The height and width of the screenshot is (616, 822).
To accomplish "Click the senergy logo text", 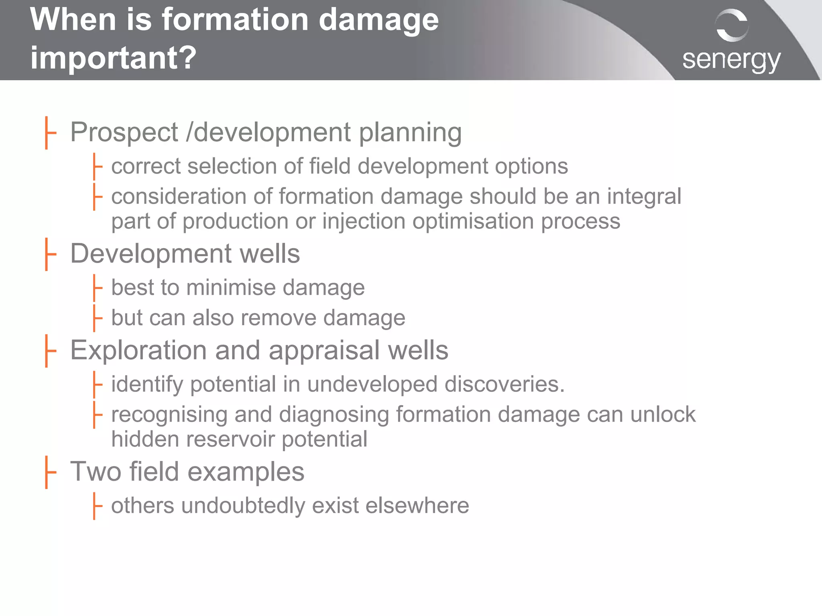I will tap(731, 60).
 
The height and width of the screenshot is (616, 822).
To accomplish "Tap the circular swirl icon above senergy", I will tap(732, 25).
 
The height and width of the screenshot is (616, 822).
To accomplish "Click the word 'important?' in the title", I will tap(113, 57).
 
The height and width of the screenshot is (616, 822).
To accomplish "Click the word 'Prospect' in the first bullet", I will tap(124, 132).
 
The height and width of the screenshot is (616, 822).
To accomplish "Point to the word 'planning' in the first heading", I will tap(410, 133).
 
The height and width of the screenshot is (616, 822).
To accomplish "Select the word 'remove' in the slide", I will tap(279, 318).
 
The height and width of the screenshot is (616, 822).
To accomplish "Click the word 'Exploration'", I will tap(138, 350).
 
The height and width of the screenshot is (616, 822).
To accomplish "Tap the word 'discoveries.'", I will tap(505, 384).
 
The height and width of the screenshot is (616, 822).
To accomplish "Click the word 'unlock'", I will tap(663, 414).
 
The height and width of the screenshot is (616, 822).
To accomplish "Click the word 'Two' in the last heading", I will tap(96, 471).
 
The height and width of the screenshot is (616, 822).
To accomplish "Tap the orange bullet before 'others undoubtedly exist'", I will tap(97, 506).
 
